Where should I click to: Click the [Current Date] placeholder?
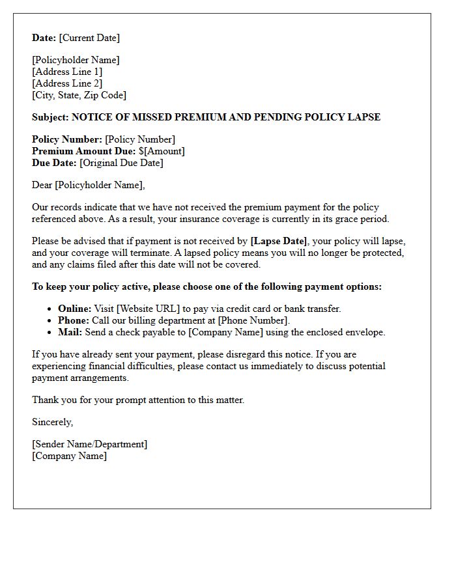[89, 38]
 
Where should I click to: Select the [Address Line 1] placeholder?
[67, 72]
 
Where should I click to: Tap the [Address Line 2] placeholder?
[67, 83]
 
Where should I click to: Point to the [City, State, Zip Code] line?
[79, 95]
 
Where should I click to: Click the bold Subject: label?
[50, 117]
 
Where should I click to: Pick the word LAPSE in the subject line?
[365, 117]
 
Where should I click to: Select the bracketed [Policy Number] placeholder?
[140, 139]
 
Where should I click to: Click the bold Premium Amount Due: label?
[83, 151]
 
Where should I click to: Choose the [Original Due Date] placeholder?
[121, 163]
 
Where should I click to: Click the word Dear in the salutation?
[42, 185]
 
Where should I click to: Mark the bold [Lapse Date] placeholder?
[278, 241]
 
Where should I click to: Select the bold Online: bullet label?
[75, 309]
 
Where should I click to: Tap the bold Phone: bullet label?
[74, 320]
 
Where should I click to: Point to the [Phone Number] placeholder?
[252, 320]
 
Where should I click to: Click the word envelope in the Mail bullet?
[364, 332]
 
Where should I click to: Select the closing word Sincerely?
[52, 422]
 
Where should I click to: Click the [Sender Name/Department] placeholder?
[90, 444]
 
